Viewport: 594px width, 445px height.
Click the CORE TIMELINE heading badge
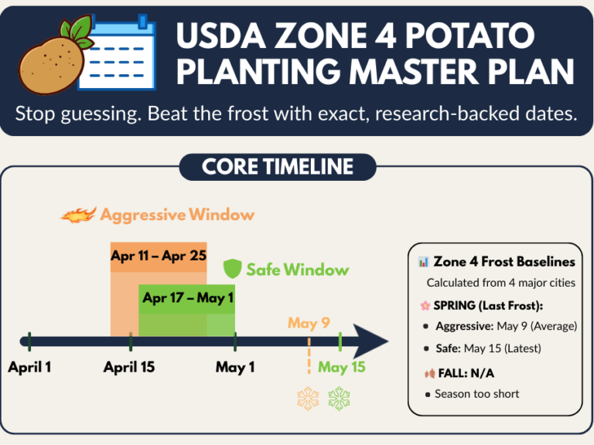point(278,166)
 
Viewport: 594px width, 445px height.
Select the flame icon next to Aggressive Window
point(78,215)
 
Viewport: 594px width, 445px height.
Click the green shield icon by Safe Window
point(233,269)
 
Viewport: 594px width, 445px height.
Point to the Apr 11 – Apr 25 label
point(159,256)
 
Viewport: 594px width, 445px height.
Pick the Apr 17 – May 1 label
point(188,297)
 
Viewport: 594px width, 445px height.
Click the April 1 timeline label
point(29,367)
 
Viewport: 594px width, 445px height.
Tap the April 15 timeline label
point(129,367)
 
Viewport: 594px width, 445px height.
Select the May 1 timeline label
point(235,367)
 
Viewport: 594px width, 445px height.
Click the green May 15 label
point(341,367)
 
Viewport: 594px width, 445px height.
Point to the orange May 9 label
point(309,323)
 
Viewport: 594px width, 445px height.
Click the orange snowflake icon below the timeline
point(309,399)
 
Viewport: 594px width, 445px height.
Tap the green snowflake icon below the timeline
point(339,399)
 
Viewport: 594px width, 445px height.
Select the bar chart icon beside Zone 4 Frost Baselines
point(423,262)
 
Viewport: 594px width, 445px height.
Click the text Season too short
point(476,394)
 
